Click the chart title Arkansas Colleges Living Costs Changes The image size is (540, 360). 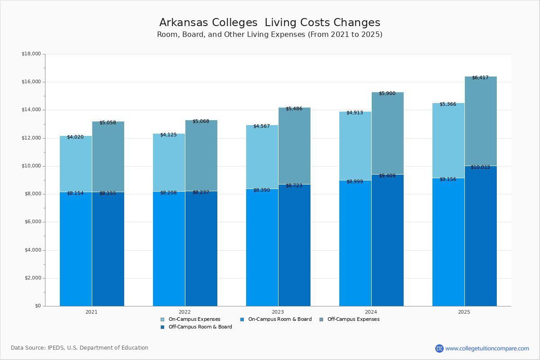point(270,23)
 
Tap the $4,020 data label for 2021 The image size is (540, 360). point(75,137)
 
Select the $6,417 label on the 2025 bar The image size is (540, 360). point(480,78)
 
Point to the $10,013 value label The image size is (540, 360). point(480,167)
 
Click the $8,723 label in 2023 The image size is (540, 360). point(294,185)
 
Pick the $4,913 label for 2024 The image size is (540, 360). point(355,113)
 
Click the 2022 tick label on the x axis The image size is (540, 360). point(184,312)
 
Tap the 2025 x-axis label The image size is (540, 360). point(464,312)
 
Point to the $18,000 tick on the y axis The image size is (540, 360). point(31,54)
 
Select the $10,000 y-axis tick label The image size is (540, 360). point(31,166)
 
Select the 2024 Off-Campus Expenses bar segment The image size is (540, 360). point(387,133)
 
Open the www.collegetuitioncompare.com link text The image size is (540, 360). point(487,348)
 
